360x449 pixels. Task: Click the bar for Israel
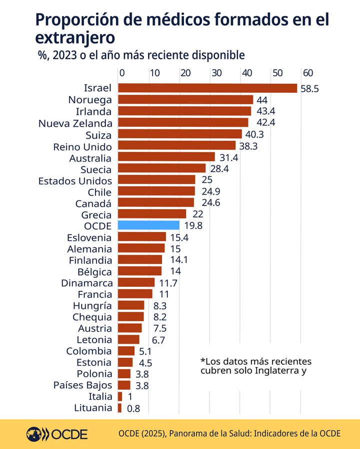tap(207, 88)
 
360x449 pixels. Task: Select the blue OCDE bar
tap(148, 225)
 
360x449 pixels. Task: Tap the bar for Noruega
tap(185, 100)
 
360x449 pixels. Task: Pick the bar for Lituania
tap(119, 408)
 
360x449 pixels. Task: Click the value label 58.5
tap(309, 88)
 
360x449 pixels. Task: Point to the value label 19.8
tap(193, 225)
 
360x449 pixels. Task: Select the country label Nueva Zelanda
tap(75, 123)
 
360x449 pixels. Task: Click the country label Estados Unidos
tap(75, 181)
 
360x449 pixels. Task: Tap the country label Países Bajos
tap(82, 385)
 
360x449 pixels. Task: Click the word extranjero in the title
tap(75, 38)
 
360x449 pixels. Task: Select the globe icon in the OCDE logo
tap(34, 434)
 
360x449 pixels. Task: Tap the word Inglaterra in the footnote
tap(280, 370)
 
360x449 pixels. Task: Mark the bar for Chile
tap(156, 191)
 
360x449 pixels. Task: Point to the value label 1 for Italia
tap(130, 397)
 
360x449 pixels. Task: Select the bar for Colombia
tap(126, 351)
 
